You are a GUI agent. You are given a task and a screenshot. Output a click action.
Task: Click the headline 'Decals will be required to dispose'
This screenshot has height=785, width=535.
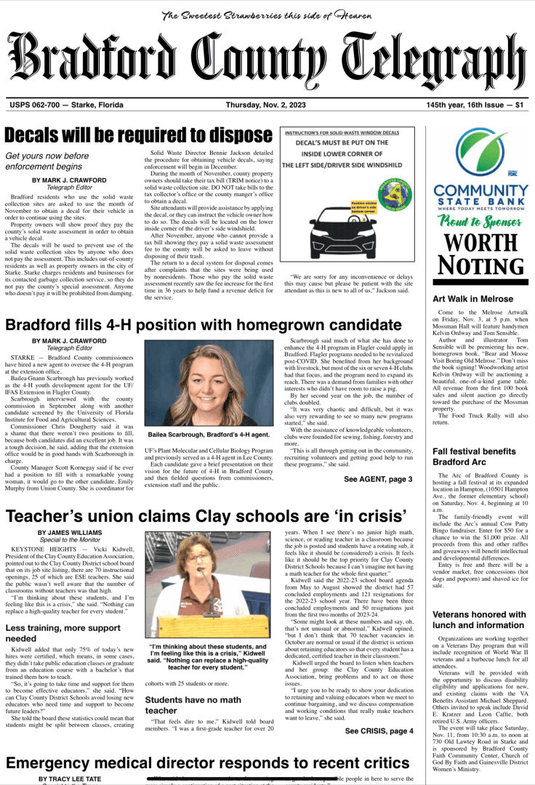coord(138,135)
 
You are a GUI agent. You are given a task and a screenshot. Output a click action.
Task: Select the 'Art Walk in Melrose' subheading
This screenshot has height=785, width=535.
coord(472,299)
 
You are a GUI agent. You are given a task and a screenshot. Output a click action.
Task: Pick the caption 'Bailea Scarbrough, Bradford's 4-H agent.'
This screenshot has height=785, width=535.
coord(209,435)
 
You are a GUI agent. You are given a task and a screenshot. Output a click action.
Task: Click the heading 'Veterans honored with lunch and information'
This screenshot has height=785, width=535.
coord(479,619)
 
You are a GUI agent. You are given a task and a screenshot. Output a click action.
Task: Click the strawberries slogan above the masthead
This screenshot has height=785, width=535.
coord(267,15)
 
